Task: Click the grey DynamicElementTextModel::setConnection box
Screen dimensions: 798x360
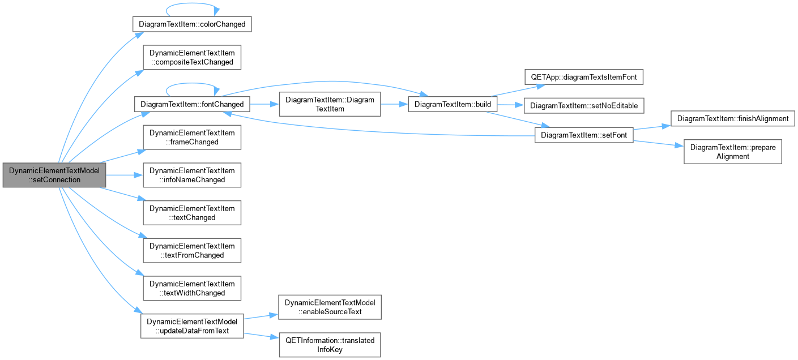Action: [x=54, y=175]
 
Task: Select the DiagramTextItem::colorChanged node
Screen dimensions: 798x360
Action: [x=192, y=24]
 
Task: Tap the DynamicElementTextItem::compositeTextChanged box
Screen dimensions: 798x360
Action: [x=192, y=57]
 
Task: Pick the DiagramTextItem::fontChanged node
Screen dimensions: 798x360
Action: [x=192, y=104]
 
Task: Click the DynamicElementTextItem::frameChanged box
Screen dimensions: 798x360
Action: [x=192, y=138]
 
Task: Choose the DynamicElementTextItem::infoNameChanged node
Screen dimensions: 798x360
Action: [x=192, y=175]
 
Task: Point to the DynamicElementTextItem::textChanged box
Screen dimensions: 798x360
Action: [x=192, y=213]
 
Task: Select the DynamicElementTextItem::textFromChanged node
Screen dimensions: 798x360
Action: [x=192, y=251]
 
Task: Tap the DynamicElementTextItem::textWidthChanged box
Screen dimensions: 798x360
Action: [x=192, y=289]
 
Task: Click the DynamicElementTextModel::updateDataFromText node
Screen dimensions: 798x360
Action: [x=192, y=326]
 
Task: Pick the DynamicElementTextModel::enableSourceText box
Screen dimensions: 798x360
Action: [x=330, y=307]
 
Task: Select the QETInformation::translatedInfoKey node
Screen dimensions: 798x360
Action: [x=330, y=345]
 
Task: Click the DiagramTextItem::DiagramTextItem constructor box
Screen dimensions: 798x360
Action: [x=330, y=104]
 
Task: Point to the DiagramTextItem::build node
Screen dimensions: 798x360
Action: [x=453, y=104]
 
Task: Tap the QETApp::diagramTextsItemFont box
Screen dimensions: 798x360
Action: [x=584, y=77]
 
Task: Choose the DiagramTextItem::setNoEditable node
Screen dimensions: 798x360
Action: [x=584, y=106]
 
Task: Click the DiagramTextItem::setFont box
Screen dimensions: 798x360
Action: [x=584, y=135]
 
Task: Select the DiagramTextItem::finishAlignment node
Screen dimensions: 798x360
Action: [x=733, y=118]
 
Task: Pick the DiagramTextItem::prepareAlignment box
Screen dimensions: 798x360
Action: [x=733, y=152]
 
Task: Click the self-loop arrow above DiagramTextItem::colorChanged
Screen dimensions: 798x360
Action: [x=192, y=3]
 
